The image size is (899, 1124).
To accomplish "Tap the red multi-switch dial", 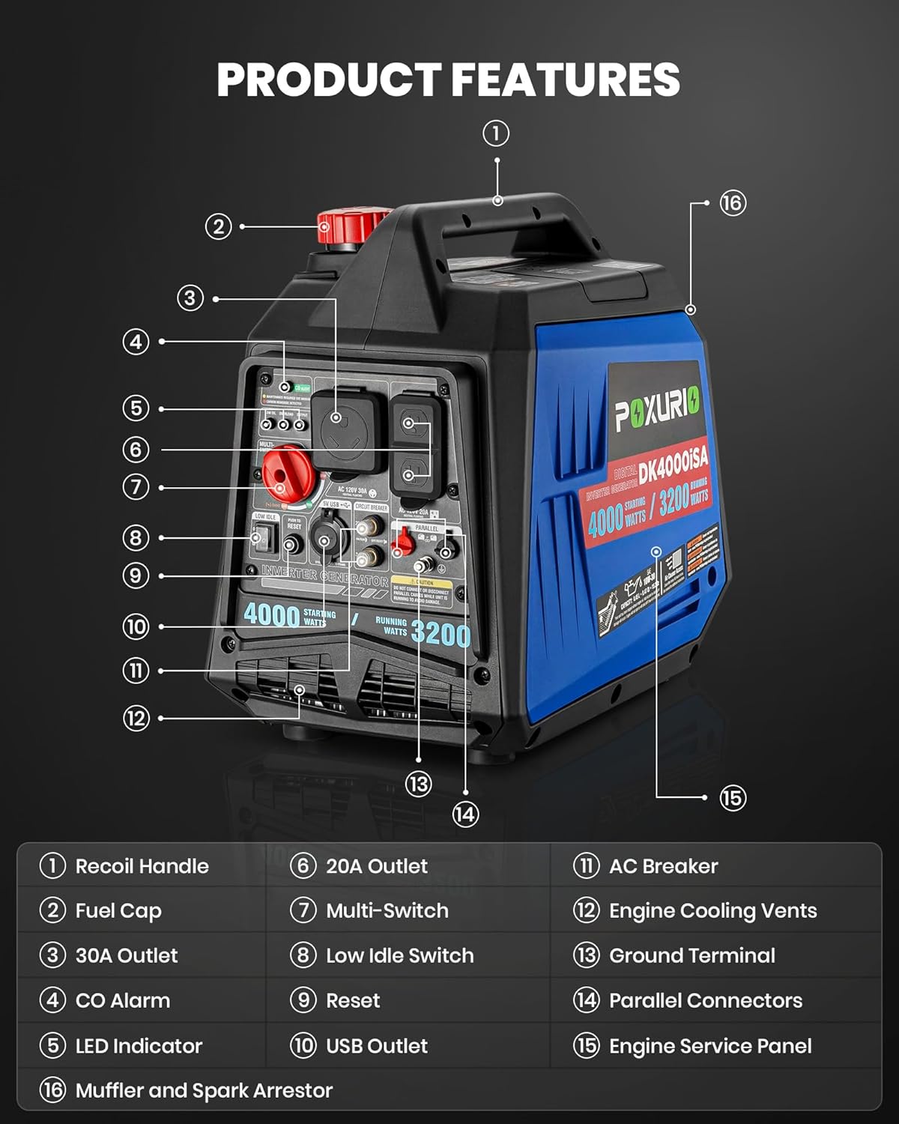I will pos(282,473).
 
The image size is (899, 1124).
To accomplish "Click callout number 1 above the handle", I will pos(496,133).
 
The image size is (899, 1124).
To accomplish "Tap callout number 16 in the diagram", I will pos(732,203).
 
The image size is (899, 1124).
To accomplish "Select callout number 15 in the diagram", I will pos(732,798).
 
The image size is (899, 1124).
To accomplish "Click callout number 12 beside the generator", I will pos(136,719).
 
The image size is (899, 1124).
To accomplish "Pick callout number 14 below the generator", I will pos(465,815).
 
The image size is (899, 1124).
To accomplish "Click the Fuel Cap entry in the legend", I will pos(118,910).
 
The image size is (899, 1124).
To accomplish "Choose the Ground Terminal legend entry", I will pos(691,955).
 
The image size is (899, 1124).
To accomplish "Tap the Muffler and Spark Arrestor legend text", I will pos(204,1090).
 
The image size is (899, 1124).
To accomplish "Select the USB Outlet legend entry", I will pos(377,1045).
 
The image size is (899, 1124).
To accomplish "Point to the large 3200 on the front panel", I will pos(441,634).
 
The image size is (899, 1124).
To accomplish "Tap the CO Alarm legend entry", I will pos(123,1000).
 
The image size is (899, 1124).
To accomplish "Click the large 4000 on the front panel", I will pos(271,615).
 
